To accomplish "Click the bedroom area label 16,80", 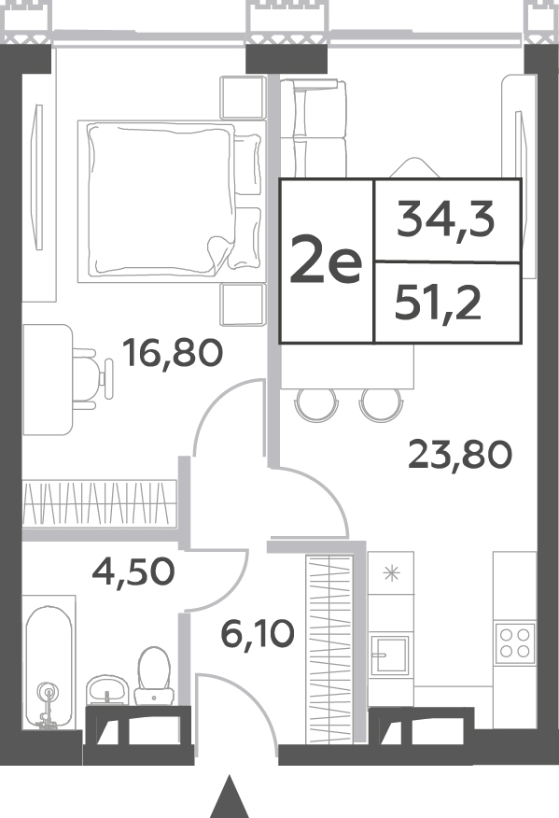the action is tap(172, 353).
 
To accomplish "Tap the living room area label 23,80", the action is tap(460, 455).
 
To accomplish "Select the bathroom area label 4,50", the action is tap(133, 571).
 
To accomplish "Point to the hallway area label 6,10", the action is tap(258, 634).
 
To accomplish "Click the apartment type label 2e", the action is tap(326, 259).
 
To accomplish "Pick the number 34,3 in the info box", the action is tap(445, 221).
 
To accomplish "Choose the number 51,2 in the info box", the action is tap(437, 305).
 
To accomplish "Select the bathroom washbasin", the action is tap(107, 690).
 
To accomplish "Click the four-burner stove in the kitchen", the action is tap(515, 642).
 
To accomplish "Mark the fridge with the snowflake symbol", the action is tap(391, 574).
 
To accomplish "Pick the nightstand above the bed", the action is tap(242, 97).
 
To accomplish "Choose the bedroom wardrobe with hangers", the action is tap(100, 502).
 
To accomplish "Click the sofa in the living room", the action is tap(313, 127).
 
